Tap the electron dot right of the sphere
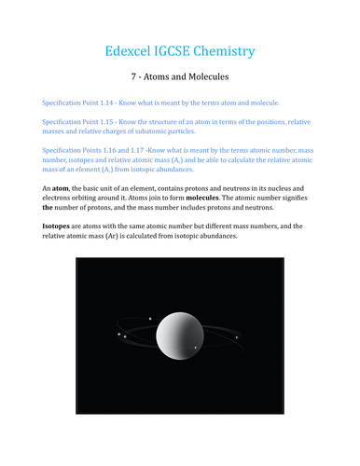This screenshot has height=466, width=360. (x=237, y=336)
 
